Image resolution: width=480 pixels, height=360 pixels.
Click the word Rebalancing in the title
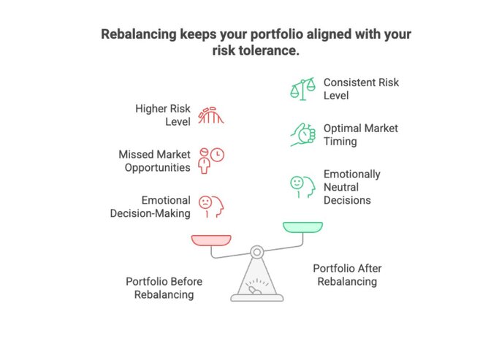coord(138,34)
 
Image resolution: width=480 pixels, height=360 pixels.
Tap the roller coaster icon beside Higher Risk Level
coord(211,115)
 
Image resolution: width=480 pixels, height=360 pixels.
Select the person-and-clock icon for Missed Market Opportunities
coord(211,160)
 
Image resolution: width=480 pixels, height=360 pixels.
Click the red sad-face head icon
coord(211,206)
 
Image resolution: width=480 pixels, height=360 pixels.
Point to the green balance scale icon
coord(302,89)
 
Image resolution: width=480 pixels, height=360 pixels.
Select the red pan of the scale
coord(211,240)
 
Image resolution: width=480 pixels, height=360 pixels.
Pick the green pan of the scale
coord(302,227)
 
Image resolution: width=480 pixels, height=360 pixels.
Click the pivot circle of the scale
coord(256,252)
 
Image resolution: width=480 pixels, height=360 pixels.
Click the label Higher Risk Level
coord(162,115)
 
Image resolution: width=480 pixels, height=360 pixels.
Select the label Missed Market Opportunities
coord(154,161)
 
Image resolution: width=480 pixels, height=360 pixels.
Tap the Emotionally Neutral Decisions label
coord(351,187)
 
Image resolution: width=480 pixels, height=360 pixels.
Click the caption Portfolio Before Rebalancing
coord(164,288)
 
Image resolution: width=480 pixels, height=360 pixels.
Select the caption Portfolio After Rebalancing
coord(347,275)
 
